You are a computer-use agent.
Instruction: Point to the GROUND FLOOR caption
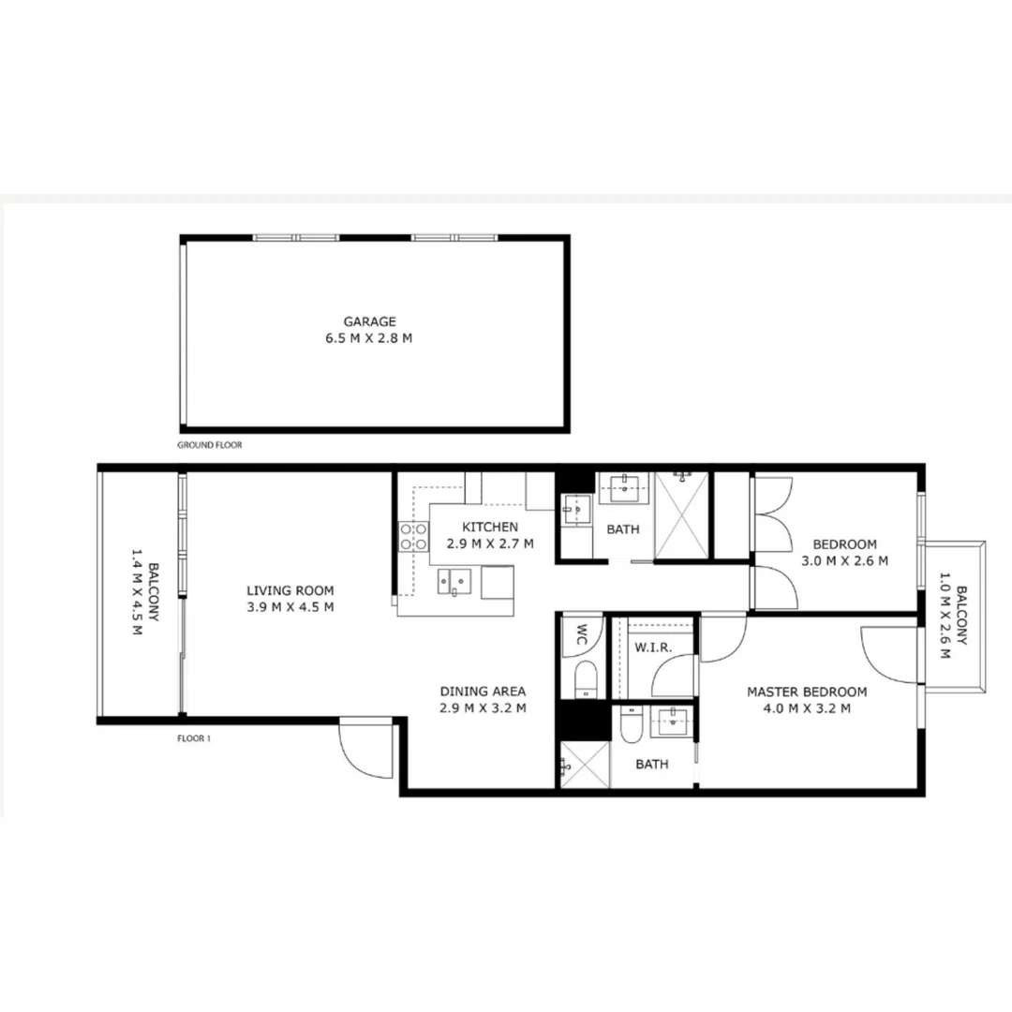click(210, 445)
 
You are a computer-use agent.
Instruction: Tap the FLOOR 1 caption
click(194, 738)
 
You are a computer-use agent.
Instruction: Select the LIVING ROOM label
click(290, 590)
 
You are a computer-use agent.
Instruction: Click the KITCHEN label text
click(489, 528)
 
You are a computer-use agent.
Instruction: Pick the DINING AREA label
click(484, 692)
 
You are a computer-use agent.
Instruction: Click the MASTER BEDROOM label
click(807, 692)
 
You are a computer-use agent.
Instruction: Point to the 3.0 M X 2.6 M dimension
click(844, 560)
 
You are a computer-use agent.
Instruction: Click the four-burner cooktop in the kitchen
click(414, 536)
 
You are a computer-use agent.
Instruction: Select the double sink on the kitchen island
click(458, 581)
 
